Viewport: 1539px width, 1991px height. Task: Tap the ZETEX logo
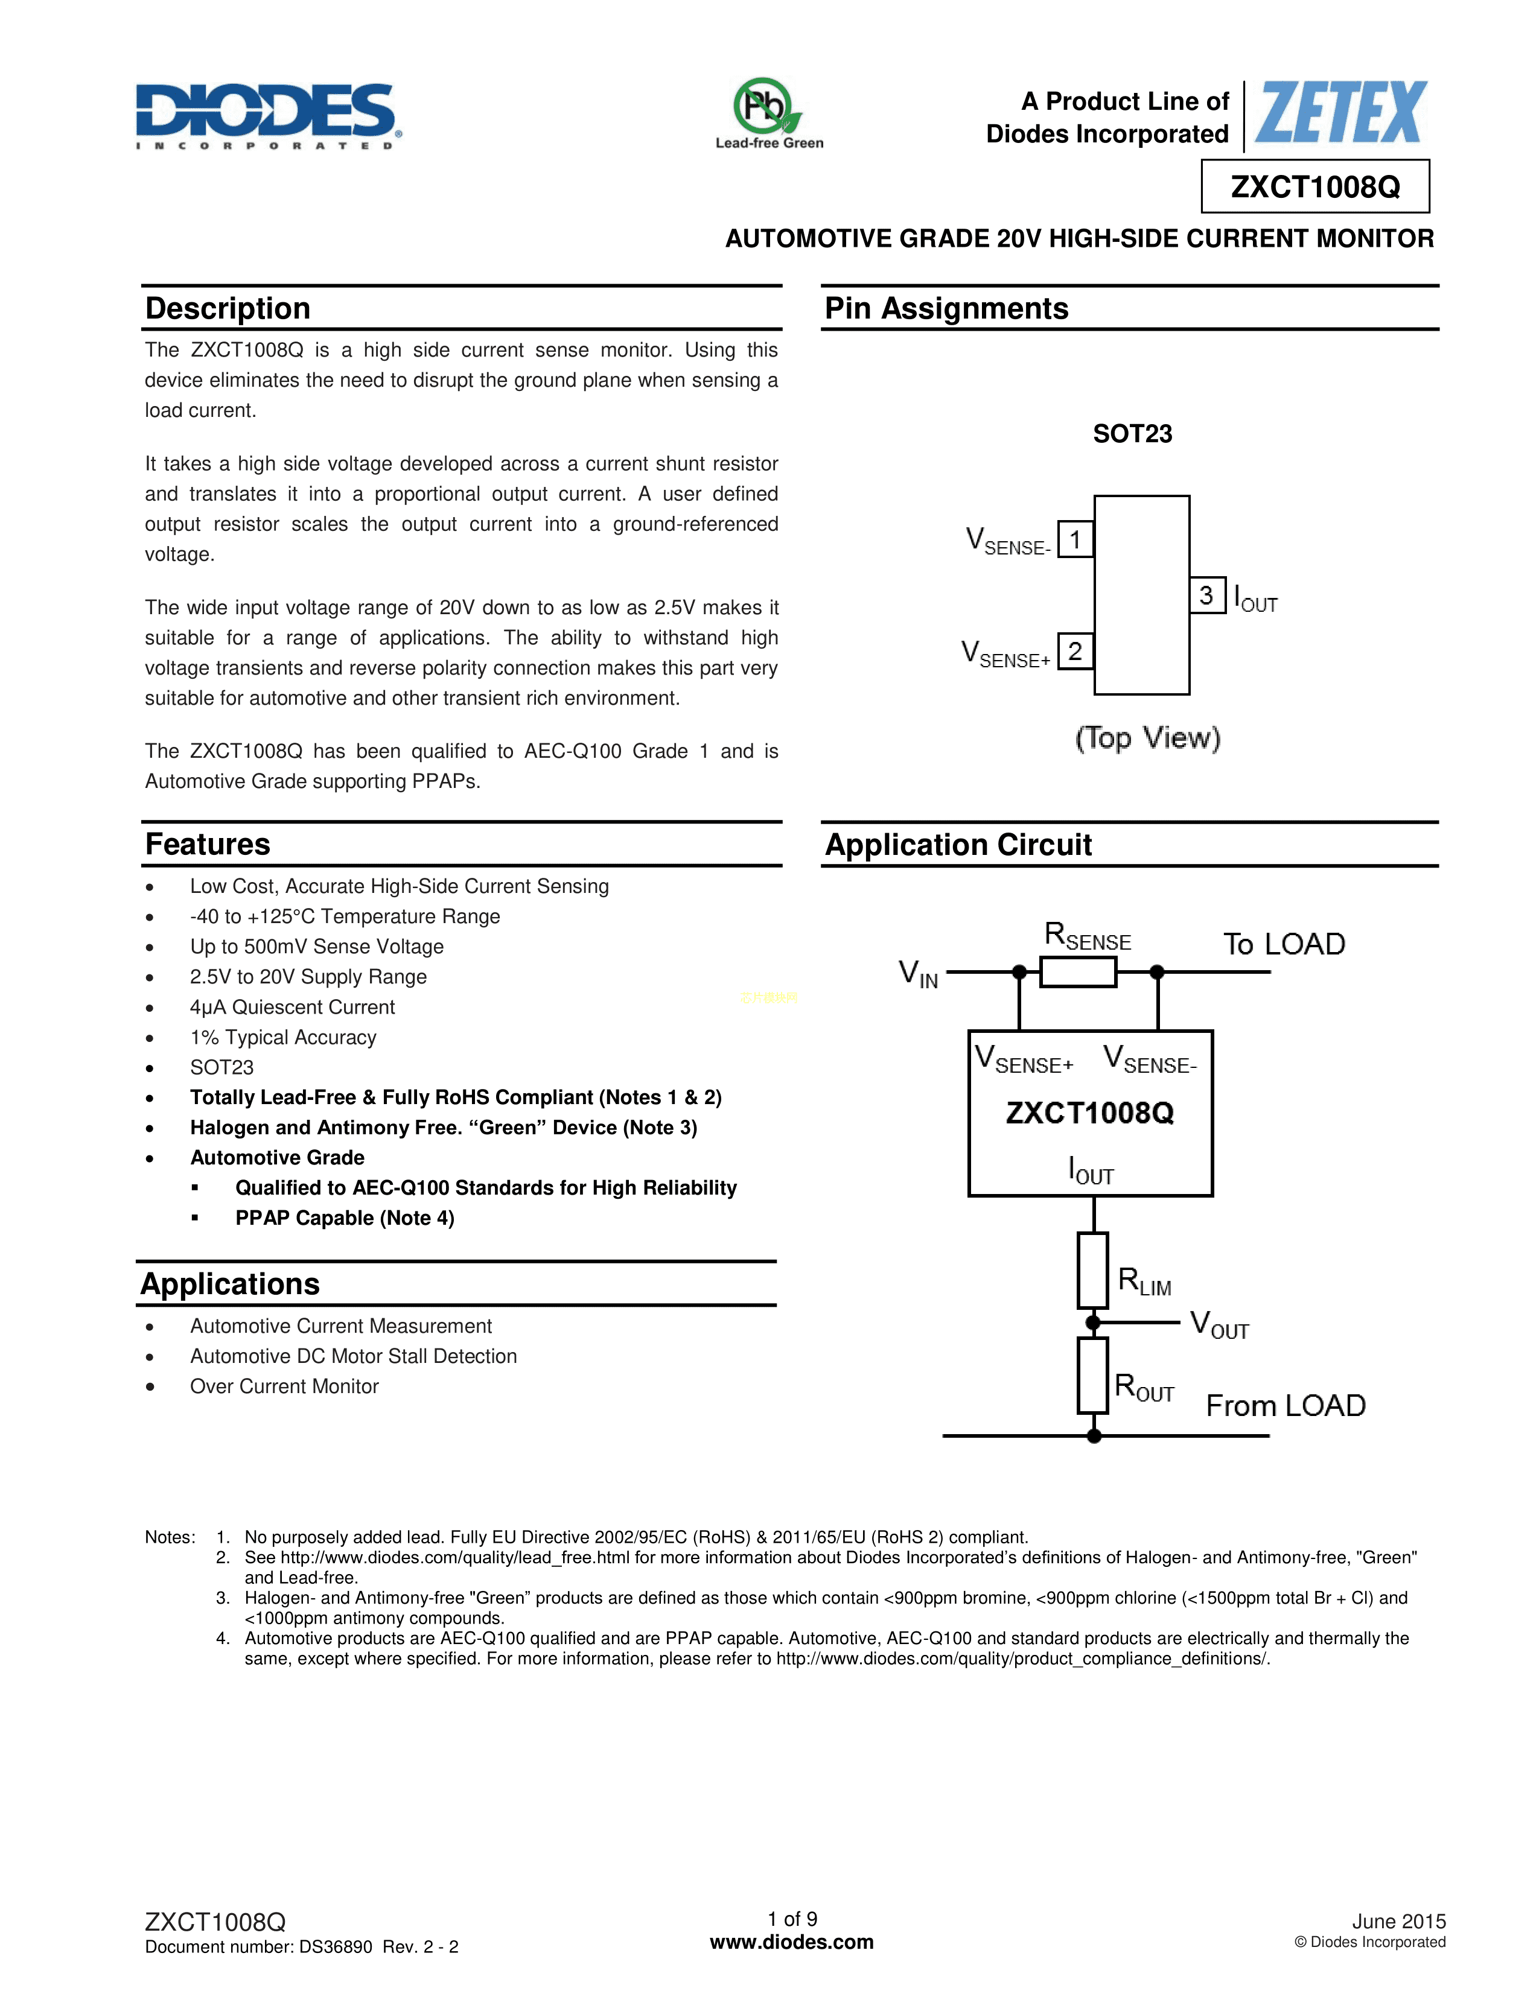[x=1340, y=113]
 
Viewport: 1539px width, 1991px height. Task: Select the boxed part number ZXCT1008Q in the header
[x=1314, y=187]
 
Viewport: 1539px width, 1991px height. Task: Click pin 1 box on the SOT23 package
[x=1075, y=540]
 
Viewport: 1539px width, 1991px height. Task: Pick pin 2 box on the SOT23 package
[x=1075, y=652]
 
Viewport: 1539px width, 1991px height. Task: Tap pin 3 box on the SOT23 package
[x=1206, y=595]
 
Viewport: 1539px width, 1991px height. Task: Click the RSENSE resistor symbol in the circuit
[x=1078, y=972]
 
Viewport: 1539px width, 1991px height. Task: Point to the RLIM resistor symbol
[x=1092, y=1271]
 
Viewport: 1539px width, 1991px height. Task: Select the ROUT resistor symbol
[x=1092, y=1376]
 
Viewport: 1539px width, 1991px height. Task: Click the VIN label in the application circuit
[x=918, y=974]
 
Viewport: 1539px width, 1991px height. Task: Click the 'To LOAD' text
[x=1284, y=944]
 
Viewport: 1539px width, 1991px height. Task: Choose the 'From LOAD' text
[x=1286, y=1406]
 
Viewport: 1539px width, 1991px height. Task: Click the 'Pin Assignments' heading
[x=946, y=308]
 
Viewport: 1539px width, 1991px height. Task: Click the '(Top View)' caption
[x=1147, y=737]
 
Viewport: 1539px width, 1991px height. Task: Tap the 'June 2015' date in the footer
[x=1398, y=1921]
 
